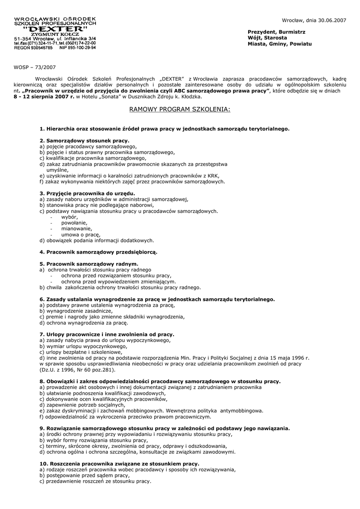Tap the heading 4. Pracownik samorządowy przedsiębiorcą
point(98,252)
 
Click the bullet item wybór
point(70,217)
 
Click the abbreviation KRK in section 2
point(212,175)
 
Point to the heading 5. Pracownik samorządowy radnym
point(89,263)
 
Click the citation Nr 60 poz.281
point(93,369)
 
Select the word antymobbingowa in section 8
point(241,411)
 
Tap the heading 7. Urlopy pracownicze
point(107,335)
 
